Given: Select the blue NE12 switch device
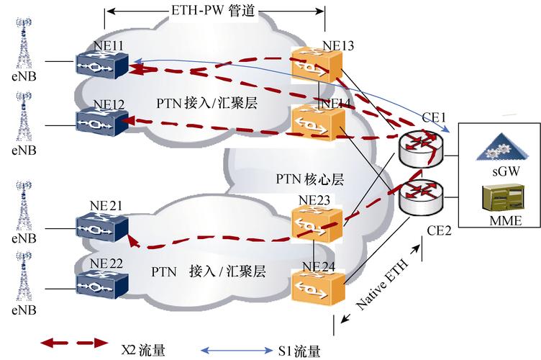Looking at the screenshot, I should pyautogui.click(x=101, y=122).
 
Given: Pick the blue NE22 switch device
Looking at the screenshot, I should pyautogui.click(x=101, y=278).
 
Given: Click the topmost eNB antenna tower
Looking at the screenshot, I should pyautogui.click(x=24, y=43).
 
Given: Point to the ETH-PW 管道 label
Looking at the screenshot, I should pyautogui.click(x=214, y=12).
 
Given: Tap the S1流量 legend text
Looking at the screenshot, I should pyautogui.click(x=299, y=351).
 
